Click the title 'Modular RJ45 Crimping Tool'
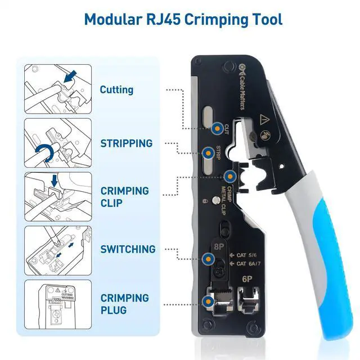[183, 20]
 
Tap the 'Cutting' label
[116, 89]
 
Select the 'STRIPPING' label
[126, 143]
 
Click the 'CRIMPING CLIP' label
[124, 196]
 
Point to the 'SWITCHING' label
[128, 249]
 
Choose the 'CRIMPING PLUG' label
[124, 304]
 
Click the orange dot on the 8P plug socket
[209, 301]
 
